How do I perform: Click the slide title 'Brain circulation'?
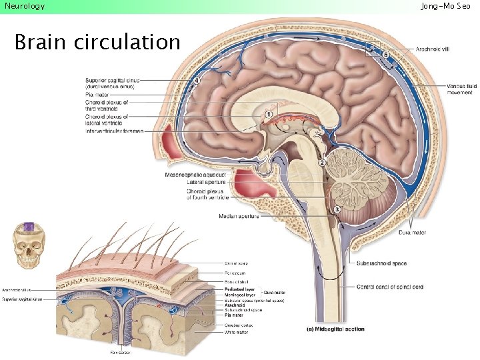click(x=97, y=43)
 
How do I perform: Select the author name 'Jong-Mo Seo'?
click(x=445, y=6)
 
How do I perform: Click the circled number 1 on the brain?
click(x=268, y=115)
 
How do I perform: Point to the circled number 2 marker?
click(x=322, y=162)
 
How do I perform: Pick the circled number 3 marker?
click(x=337, y=209)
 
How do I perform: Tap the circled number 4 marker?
click(x=197, y=81)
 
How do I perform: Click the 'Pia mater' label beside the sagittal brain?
click(x=97, y=95)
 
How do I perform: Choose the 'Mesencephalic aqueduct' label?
click(x=195, y=174)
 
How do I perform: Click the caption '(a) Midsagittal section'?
click(x=335, y=329)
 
